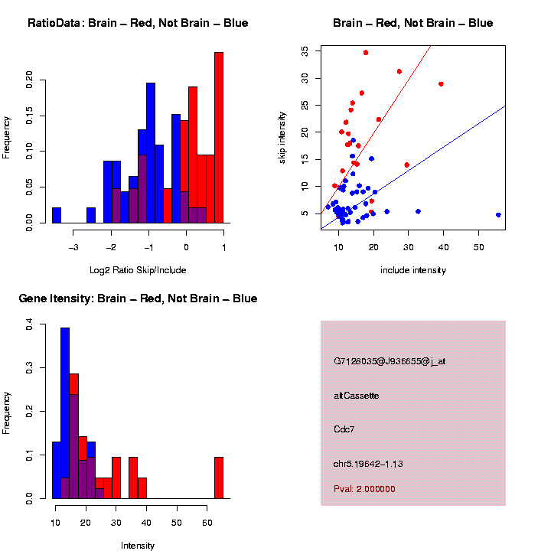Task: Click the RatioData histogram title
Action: [x=138, y=23]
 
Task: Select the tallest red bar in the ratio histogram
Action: [x=219, y=138]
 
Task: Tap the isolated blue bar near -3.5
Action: [x=57, y=215]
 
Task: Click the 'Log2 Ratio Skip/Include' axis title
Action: [x=138, y=270]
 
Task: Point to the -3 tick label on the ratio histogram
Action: [x=74, y=246]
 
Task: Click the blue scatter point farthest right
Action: [x=498, y=215]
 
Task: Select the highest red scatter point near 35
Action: [x=366, y=53]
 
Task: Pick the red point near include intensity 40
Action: [x=441, y=84]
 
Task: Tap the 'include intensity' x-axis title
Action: [x=413, y=270]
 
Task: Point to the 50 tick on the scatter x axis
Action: [x=478, y=246]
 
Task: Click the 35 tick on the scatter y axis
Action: [x=305, y=51]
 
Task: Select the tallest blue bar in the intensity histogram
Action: [x=65, y=413]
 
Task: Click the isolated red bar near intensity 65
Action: [x=219, y=478]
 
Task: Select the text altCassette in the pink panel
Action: [x=357, y=396]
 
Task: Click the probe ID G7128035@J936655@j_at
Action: [x=390, y=361]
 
